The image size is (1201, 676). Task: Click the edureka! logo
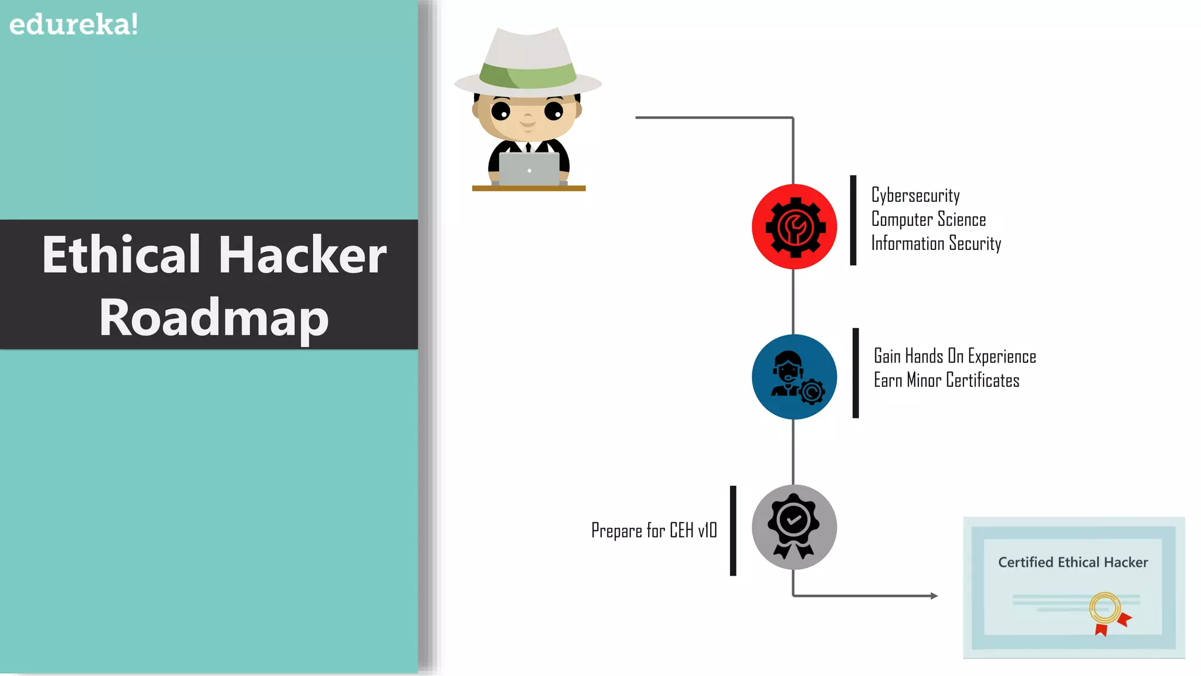(74, 25)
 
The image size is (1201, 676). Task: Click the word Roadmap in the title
(213, 317)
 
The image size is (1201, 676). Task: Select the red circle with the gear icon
(794, 227)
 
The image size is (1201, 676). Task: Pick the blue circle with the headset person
(794, 377)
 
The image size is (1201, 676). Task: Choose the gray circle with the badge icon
(794, 527)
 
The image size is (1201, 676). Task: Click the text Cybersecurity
(915, 195)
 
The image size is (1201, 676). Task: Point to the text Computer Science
(928, 219)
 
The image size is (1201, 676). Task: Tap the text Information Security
(936, 244)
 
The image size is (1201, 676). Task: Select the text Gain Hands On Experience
(955, 356)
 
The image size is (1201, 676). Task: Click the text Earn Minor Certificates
(946, 380)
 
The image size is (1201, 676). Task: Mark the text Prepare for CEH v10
(654, 530)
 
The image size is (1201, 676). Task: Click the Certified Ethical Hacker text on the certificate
(1073, 562)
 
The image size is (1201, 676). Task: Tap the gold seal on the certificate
(1105, 608)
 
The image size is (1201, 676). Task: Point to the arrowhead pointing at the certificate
(934, 596)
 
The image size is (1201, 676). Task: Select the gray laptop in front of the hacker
(529, 169)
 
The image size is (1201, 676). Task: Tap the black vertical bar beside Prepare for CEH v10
(733, 530)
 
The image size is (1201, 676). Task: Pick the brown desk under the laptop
(528, 188)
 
